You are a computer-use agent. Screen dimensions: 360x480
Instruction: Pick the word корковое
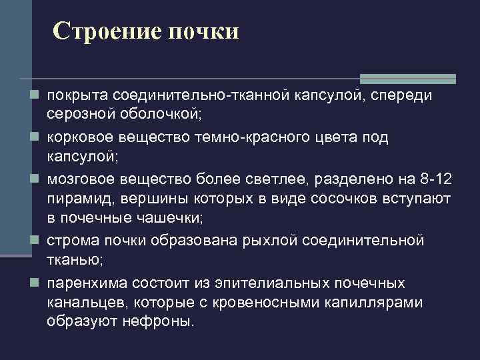79,138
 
